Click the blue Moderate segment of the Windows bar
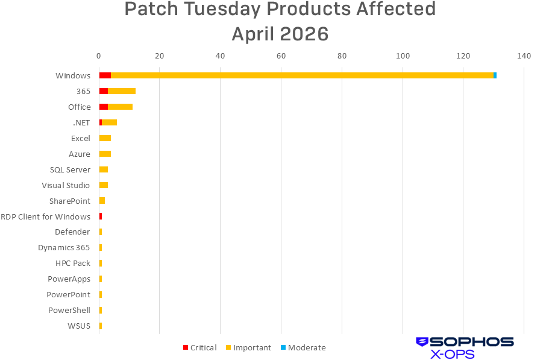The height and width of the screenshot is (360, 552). (495, 75)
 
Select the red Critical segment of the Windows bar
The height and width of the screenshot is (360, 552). (105, 75)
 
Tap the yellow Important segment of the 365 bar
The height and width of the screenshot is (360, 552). (122, 91)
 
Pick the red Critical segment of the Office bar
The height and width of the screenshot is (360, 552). (103, 107)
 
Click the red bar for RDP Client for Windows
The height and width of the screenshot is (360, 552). (101, 216)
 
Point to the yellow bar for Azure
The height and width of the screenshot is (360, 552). (105, 154)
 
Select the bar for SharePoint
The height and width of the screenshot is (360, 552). (102, 200)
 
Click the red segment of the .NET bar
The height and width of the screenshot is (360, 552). (101, 122)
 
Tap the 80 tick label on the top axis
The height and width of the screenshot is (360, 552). (342, 56)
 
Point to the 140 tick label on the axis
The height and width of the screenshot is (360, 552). (524, 56)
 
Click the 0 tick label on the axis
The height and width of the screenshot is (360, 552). (99, 56)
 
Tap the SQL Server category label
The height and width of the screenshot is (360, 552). (70, 169)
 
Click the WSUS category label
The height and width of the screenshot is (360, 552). (79, 326)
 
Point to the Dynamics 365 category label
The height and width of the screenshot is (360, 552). (64, 247)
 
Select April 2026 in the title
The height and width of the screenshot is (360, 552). (280, 34)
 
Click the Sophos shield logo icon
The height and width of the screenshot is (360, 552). (422, 342)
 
